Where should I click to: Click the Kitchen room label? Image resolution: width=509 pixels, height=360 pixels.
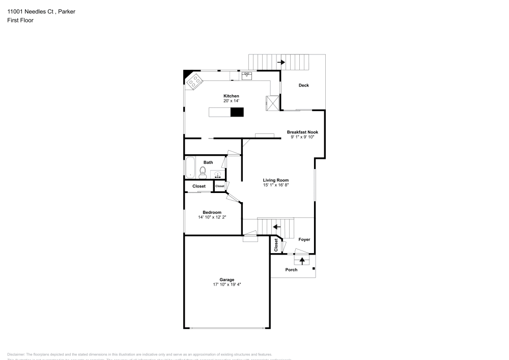231,96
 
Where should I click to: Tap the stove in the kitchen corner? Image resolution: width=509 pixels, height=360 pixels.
194,81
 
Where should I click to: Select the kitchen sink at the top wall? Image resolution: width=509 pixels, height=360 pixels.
247,75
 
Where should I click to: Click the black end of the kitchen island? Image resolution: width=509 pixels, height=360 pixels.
237,112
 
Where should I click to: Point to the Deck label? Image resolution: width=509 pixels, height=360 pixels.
303,86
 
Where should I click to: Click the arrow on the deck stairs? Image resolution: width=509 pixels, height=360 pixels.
281,63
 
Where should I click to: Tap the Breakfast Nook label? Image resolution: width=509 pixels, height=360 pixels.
302,132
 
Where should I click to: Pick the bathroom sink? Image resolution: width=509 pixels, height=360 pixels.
217,175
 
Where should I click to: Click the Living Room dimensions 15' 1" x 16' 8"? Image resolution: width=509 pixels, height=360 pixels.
276,185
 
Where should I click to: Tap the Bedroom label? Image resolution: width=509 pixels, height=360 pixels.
212,212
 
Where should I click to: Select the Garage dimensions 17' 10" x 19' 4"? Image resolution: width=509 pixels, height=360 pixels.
227,285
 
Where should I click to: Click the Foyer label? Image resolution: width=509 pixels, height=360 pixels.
304,239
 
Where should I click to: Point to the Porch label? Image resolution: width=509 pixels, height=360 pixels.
291,269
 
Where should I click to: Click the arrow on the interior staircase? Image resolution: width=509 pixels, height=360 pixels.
277,227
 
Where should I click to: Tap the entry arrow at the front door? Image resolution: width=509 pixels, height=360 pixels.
302,261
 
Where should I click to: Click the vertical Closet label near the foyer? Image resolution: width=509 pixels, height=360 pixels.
276,245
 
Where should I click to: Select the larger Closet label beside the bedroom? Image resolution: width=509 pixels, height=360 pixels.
199,186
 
